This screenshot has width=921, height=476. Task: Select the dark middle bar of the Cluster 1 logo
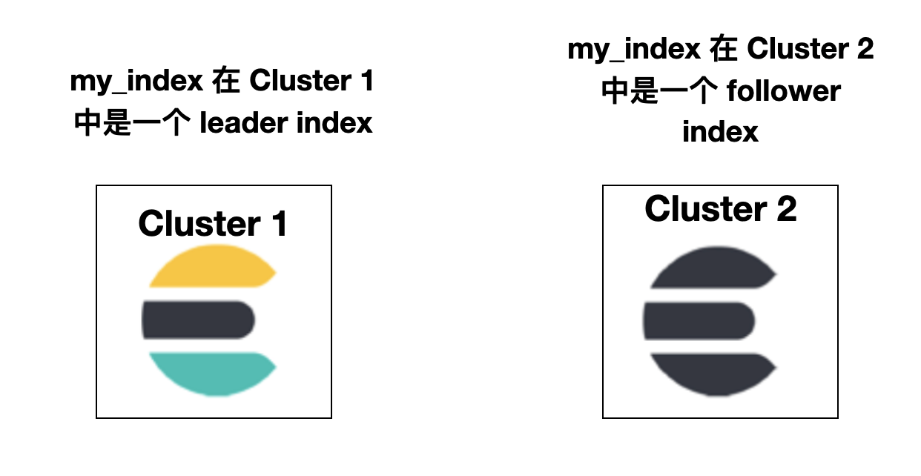198,320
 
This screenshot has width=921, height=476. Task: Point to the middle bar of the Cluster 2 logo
699,320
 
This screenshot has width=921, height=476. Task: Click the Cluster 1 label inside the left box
213,223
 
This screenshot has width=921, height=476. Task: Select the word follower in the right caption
783,90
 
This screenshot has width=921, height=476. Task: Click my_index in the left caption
136,81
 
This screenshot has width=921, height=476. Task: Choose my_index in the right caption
634,49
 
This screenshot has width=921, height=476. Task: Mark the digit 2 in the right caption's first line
865,49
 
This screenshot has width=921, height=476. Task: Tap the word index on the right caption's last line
720,132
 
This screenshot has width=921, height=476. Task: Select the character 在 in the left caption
226,81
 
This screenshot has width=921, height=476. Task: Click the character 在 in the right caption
724,49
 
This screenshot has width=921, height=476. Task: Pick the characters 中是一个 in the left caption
133,122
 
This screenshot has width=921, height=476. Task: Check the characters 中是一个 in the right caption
658,90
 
